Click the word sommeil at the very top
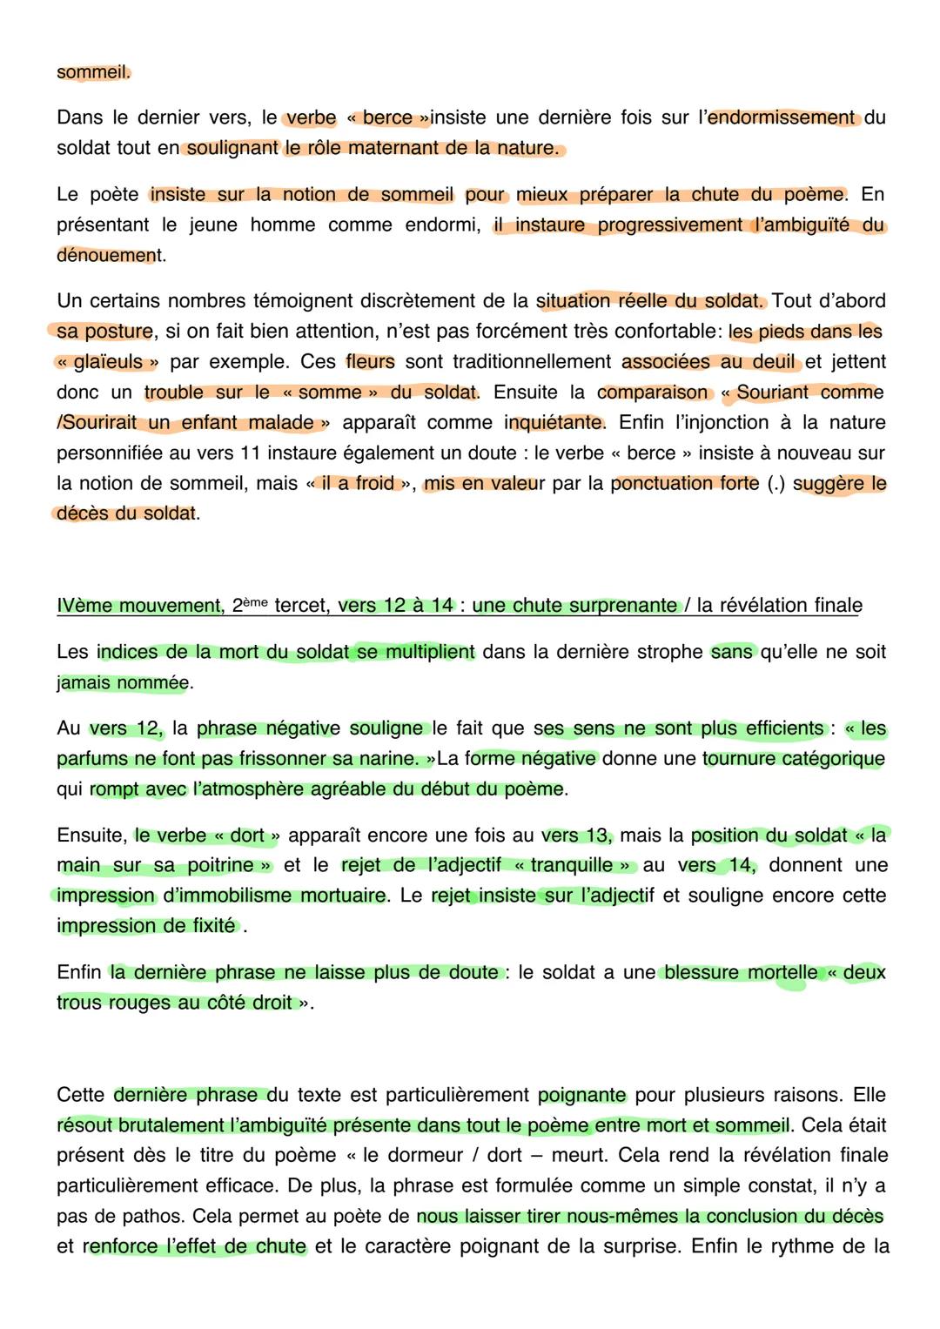(91, 72)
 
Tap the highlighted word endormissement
(781, 117)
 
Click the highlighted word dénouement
(108, 256)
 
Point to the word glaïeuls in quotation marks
(109, 362)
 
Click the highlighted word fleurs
(370, 362)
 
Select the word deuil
(772, 362)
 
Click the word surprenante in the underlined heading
(625, 606)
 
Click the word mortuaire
(339, 896)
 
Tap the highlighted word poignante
(582, 1095)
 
